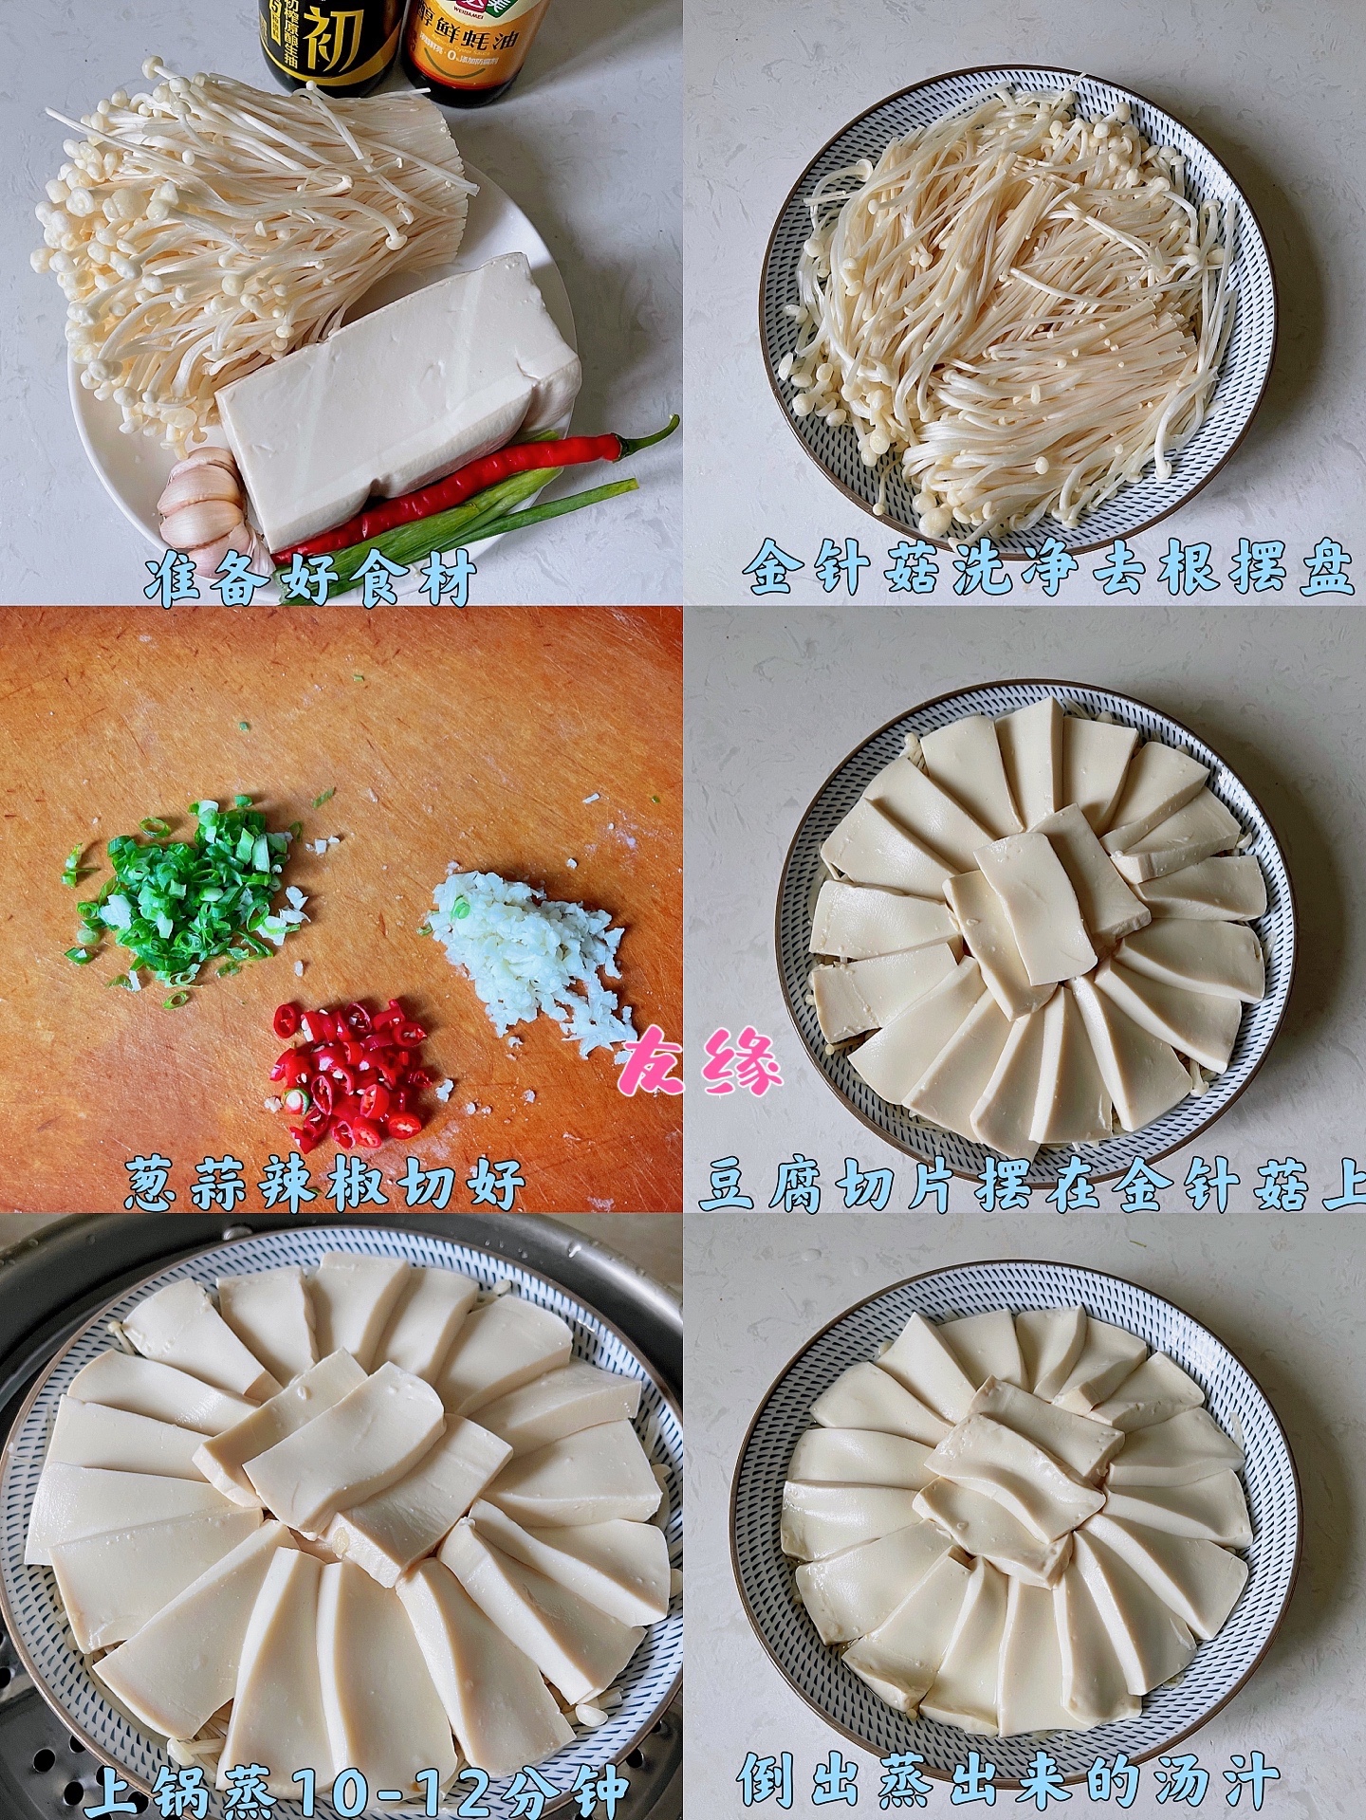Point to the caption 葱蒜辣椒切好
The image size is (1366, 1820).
[325, 1181]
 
